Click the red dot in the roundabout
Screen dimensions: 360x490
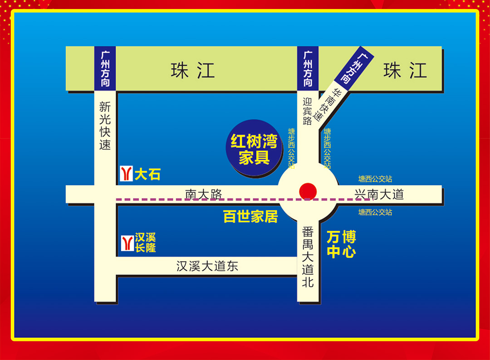(x=308, y=191)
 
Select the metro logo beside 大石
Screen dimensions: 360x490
(x=126, y=174)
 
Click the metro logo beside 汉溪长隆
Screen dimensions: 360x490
(x=126, y=243)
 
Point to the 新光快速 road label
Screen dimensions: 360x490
(x=105, y=126)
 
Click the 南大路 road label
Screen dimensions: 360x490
(x=204, y=194)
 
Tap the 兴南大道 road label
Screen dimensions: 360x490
(x=379, y=195)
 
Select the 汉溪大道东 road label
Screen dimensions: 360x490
(x=207, y=266)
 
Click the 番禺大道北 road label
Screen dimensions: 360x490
(x=308, y=257)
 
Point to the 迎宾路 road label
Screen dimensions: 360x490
(x=308, y=112)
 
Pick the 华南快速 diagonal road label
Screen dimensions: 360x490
(x=328, y=104)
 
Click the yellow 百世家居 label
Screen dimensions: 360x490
(x=250, y=216)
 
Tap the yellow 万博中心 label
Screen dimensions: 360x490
(x=341, y=244)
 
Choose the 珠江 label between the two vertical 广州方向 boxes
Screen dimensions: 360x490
(x=193, y=71)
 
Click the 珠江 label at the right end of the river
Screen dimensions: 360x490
(x=405, y=71)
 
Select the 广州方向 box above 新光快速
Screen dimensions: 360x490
(x=105, y=68)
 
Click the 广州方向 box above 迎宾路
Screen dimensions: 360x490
(x=308, y=68)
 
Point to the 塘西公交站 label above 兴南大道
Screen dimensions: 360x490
(x=375, y=180)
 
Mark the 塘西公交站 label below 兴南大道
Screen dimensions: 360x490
(x=375, y=212)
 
